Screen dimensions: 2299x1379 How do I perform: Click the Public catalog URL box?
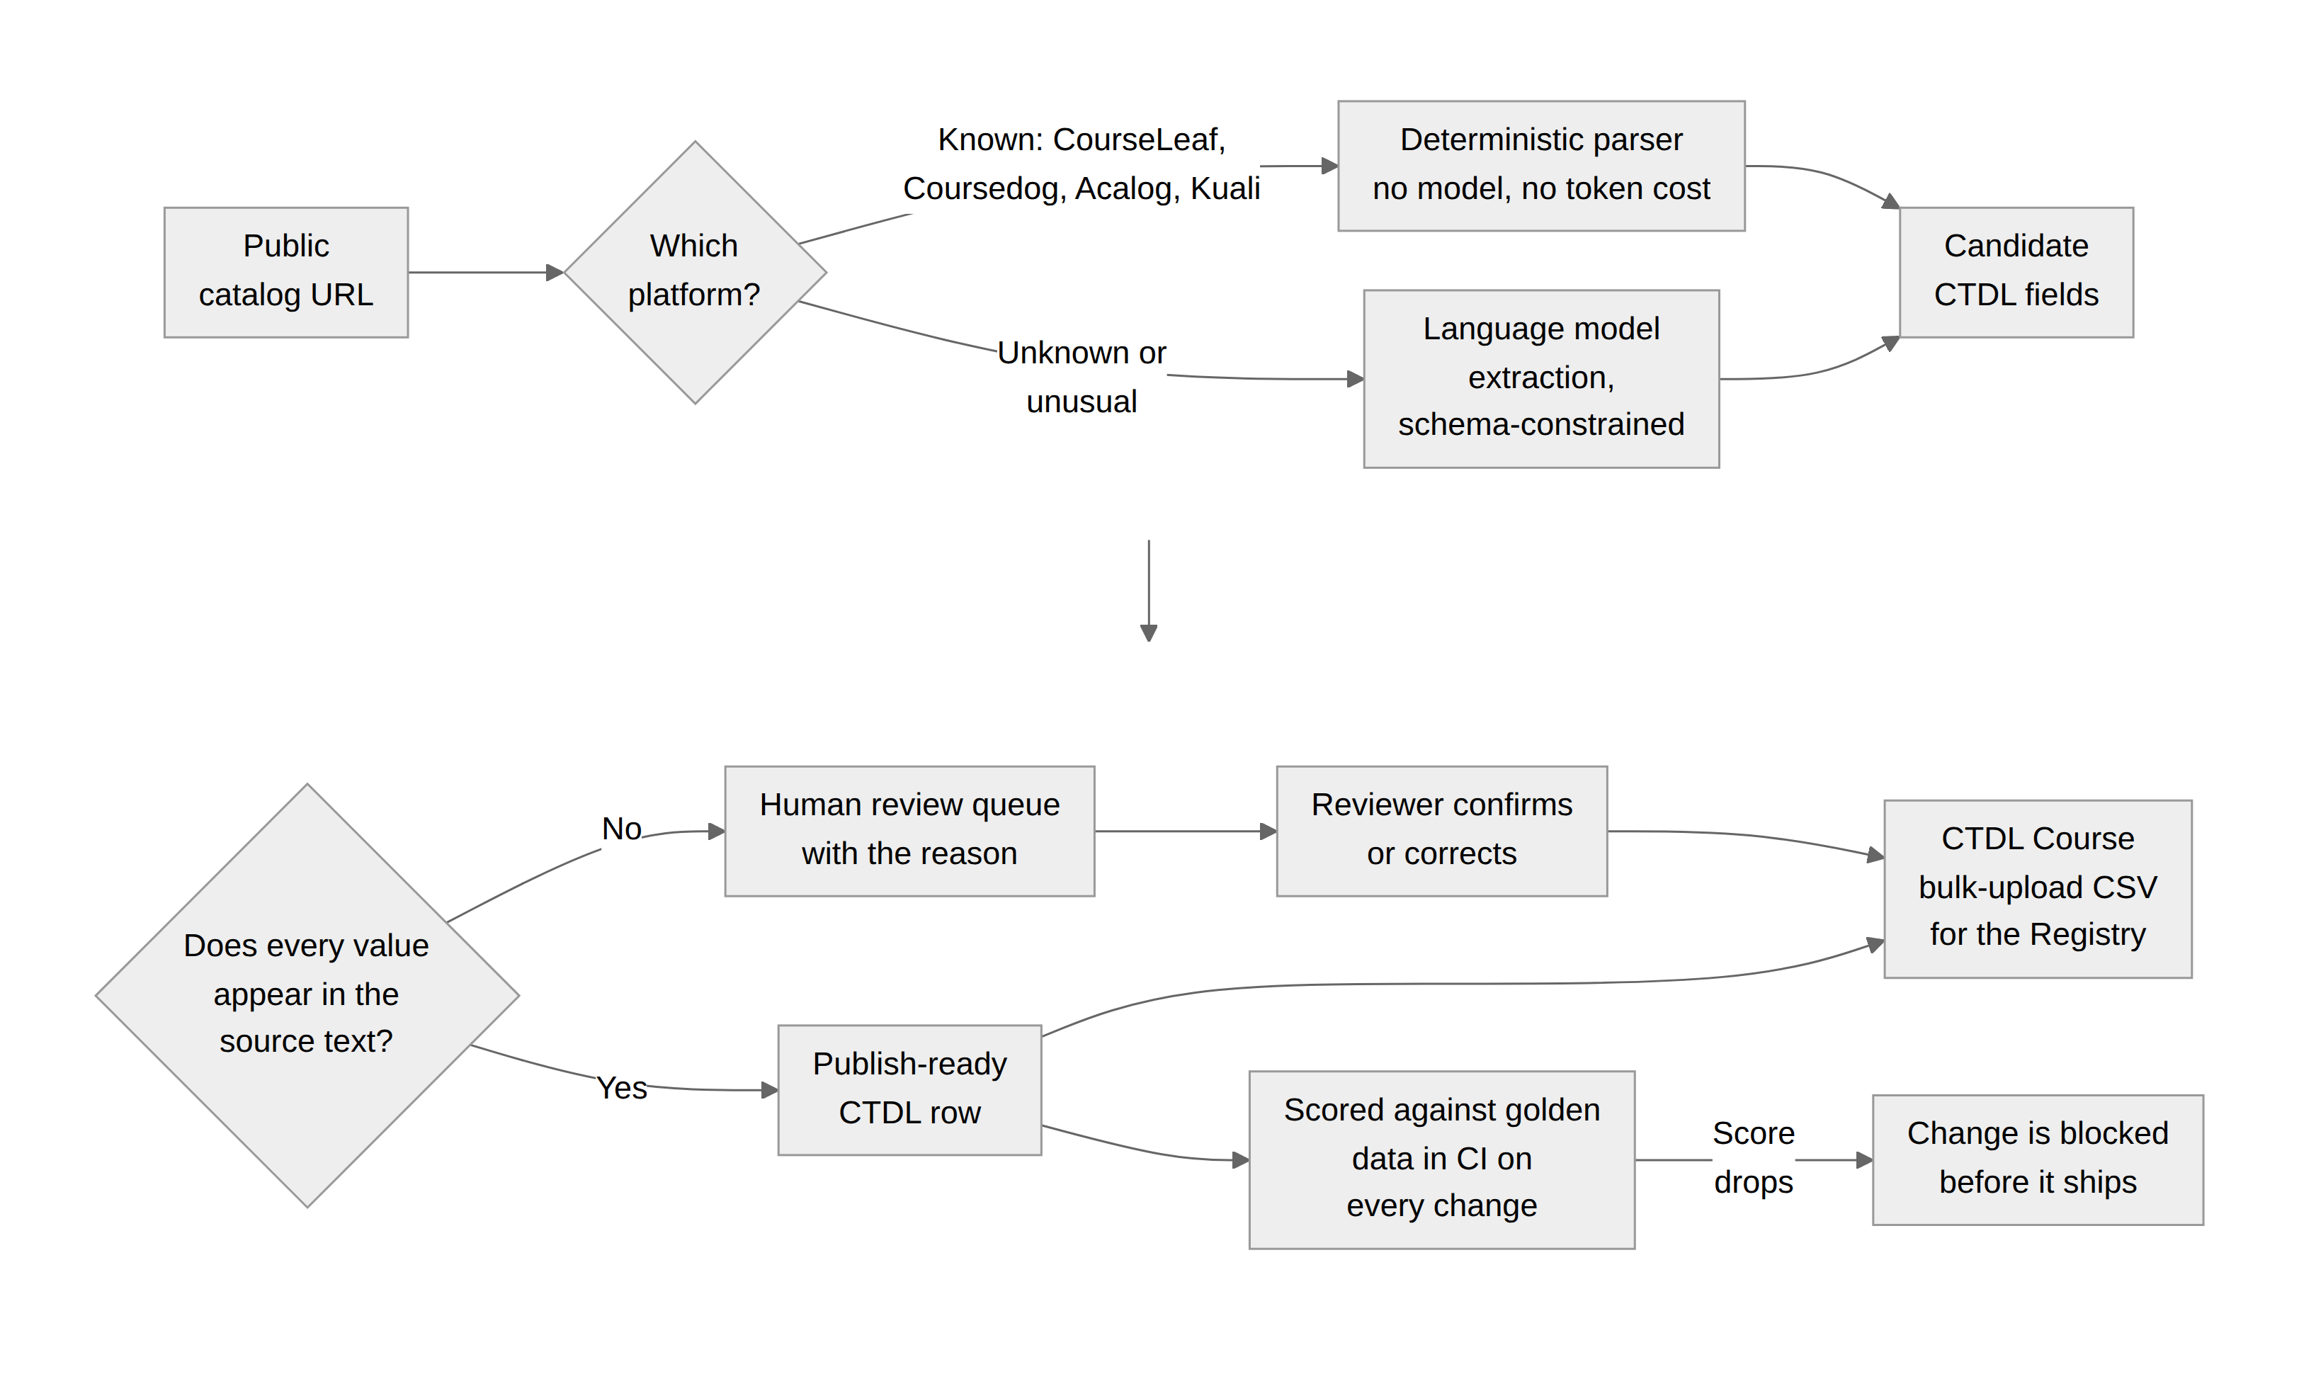286,272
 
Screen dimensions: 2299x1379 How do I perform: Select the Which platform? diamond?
695,272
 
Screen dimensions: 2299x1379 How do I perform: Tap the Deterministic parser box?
1540,166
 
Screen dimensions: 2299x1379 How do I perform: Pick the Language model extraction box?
1540,378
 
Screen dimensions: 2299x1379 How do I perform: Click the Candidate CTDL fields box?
2016,272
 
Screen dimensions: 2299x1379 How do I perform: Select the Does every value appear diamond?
307,995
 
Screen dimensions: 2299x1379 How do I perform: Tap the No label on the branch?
622,828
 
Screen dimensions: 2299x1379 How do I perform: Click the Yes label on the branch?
622,1087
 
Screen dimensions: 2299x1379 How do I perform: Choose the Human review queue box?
909,831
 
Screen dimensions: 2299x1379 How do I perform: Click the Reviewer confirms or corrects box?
1441,831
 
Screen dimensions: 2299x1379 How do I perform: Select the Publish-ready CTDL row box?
909,1090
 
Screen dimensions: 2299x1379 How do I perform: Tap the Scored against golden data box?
1441,1159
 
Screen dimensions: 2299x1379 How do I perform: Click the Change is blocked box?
2038,1159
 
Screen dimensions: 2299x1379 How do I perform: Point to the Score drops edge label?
1754,1158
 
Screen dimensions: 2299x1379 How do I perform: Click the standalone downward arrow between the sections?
1149,591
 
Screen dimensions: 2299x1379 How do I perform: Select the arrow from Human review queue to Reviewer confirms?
1186,831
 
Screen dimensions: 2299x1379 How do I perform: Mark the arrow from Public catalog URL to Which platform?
486,272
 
